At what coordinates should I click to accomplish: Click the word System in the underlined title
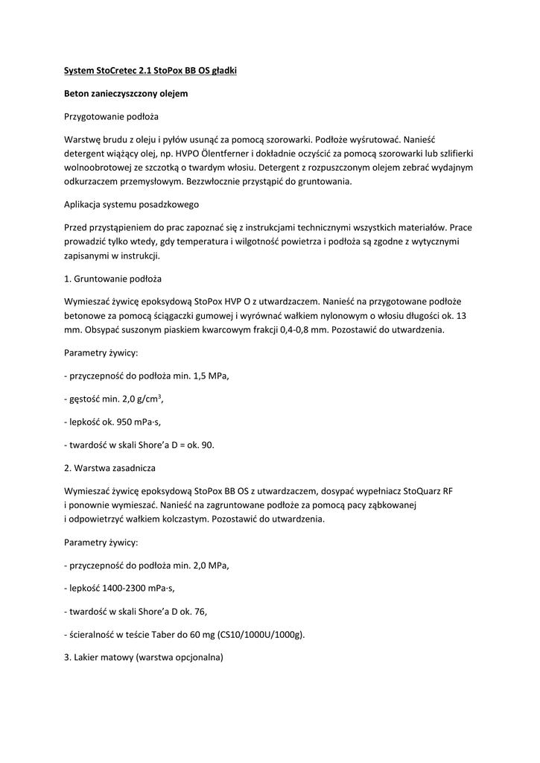(x=79, y=71)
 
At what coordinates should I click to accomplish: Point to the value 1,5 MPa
(x=211, y=376)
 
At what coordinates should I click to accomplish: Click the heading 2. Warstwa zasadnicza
(x=110, y=468)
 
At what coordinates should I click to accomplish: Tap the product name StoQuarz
(x=422, y=491)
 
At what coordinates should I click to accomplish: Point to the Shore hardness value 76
(x=197, y=612)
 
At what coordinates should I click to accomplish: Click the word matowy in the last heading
(x=114, y=658)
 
